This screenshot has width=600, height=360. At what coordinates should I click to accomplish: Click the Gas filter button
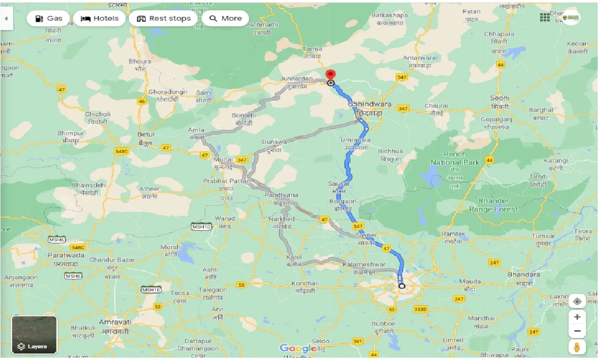48,19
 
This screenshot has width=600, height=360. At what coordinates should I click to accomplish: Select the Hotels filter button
99,19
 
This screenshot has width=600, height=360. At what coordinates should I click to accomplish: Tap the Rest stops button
164,19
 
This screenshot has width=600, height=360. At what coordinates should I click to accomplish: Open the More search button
225,19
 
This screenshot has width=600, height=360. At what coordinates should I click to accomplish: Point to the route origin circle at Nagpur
402,285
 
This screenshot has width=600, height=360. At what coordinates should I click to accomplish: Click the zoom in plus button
577,317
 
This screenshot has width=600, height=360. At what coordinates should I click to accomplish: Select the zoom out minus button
577,331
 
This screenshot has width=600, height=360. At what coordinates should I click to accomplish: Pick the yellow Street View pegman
577,347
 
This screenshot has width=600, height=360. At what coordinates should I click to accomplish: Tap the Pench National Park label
455,158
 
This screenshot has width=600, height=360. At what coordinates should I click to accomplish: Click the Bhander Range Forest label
494,205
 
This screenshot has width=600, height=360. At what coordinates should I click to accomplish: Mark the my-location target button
577,301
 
